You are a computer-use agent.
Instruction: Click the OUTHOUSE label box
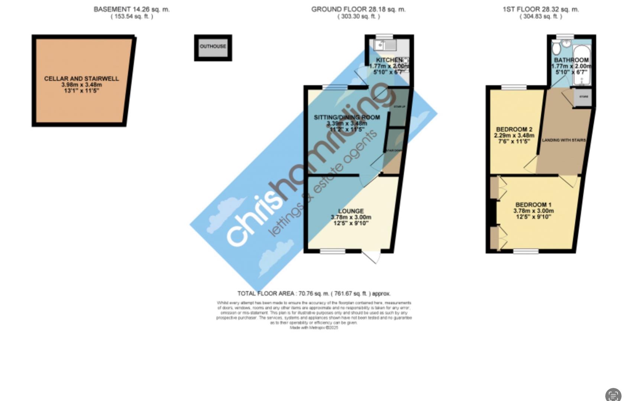pos(213,47)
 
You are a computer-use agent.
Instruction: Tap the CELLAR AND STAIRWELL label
pos(81,79)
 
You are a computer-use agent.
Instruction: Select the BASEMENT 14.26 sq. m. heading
pos(132,10)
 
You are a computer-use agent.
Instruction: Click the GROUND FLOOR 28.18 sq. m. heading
pos(358,10)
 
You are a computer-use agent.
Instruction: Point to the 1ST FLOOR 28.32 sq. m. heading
pos(541,10)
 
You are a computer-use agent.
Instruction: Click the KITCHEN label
pos(389,60)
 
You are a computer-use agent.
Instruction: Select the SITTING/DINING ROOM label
pos(347,117)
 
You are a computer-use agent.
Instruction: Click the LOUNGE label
pos(351,211)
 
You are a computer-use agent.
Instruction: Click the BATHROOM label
pos(571,60)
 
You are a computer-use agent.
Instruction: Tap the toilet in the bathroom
pos(556,48)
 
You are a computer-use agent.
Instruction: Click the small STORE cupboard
pos(584,97)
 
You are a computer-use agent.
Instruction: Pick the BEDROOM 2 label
pos(514,130)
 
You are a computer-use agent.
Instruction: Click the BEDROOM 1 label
pos(533,205)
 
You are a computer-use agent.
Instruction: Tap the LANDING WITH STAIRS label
pos(564,140)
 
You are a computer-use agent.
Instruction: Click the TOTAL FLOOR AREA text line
pos(314,294)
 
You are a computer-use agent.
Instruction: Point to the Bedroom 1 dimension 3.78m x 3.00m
pos(533,211)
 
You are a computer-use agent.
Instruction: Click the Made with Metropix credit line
pos(314,328)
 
